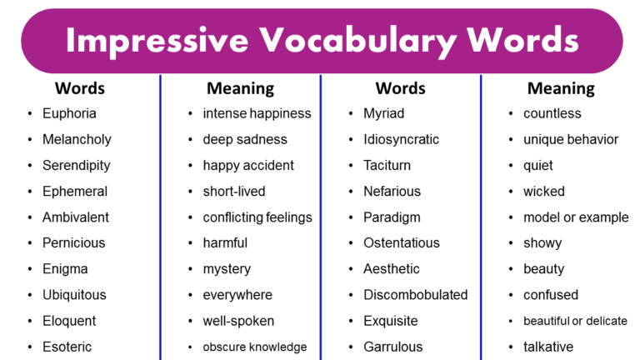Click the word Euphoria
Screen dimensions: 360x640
[69, 113]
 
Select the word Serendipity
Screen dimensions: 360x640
[76, 165]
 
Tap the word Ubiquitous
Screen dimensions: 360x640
[74, 295]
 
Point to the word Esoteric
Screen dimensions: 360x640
[67, 347]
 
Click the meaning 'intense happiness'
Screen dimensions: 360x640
[257, 113]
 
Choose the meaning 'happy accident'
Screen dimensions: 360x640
[248, 165]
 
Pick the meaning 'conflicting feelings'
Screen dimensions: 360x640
[257, 217]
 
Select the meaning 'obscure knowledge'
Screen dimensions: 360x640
[254, 347]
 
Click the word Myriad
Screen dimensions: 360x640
[383, 113]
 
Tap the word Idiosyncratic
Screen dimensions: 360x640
[401, 139]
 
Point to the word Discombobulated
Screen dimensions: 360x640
[415, 295]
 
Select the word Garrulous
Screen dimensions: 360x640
[392, 347]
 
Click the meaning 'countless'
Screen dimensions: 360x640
[552, 113]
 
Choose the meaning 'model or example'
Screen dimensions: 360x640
[576, 217]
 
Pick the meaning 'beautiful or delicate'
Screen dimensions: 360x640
[575, 321]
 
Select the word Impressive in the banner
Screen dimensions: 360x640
[156, 40]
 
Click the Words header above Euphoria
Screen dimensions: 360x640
[79, 87]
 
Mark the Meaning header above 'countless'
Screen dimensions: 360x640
[561, 87]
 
